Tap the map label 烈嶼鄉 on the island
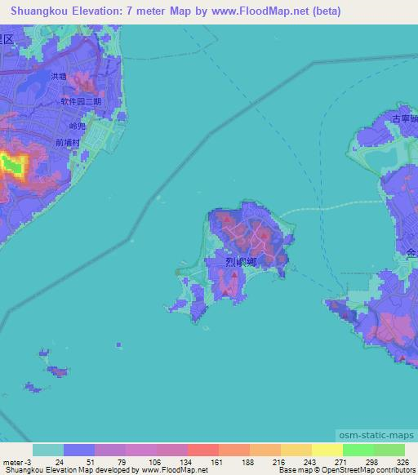pos(242,262)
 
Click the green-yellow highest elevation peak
pos(11,166)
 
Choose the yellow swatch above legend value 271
pos(327,450)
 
